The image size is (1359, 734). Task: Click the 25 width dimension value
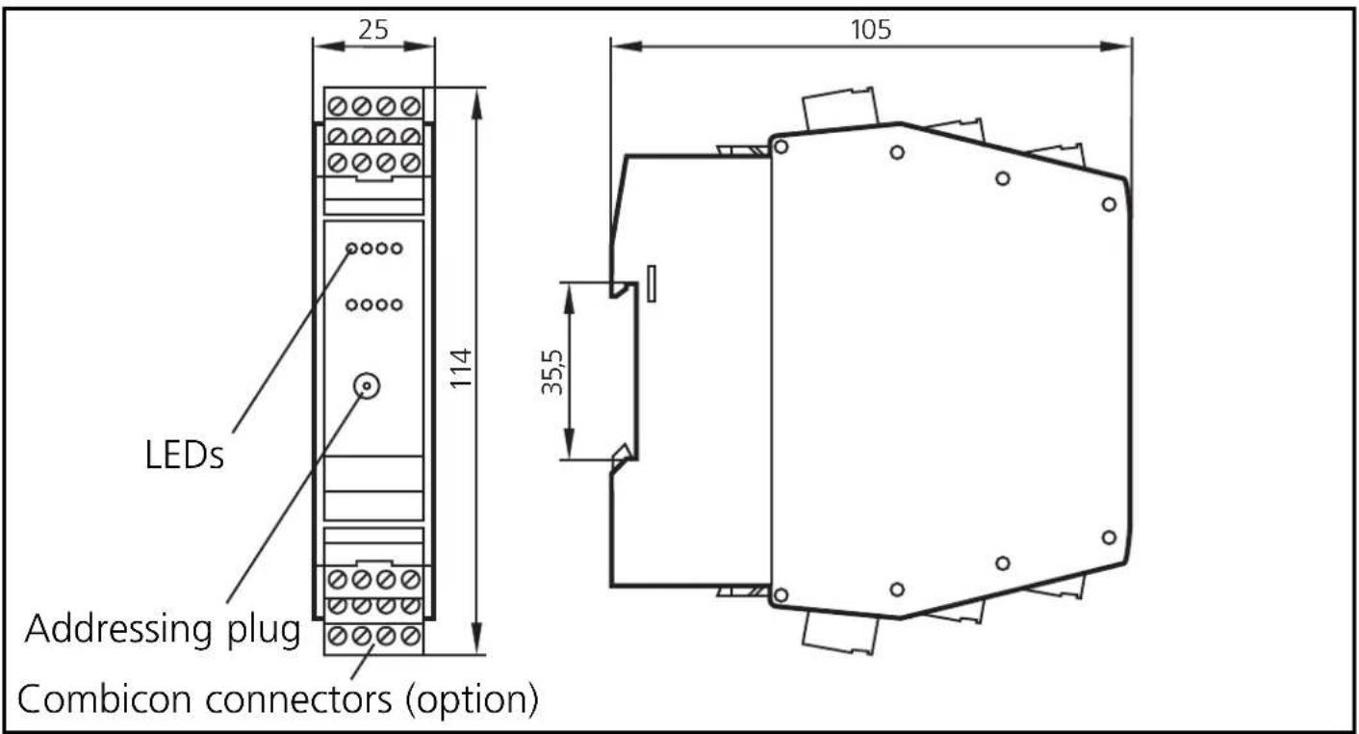tap(373, 29)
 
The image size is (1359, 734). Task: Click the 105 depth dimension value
tap(871, 29)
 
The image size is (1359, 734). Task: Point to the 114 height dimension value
tap(463, 368)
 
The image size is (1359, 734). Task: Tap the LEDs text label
tap(178, 455)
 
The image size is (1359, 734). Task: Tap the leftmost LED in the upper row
tap(352, 249)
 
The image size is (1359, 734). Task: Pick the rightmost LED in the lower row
tap(397, 305)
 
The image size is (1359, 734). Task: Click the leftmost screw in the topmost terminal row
tap(337, 105)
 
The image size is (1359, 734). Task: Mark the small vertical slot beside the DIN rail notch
tap(653, 285)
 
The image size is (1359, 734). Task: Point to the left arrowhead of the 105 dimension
tap(618, 44)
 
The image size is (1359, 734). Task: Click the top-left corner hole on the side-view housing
tap(781, 147)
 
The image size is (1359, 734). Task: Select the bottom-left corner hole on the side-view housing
tap(781, 595)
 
